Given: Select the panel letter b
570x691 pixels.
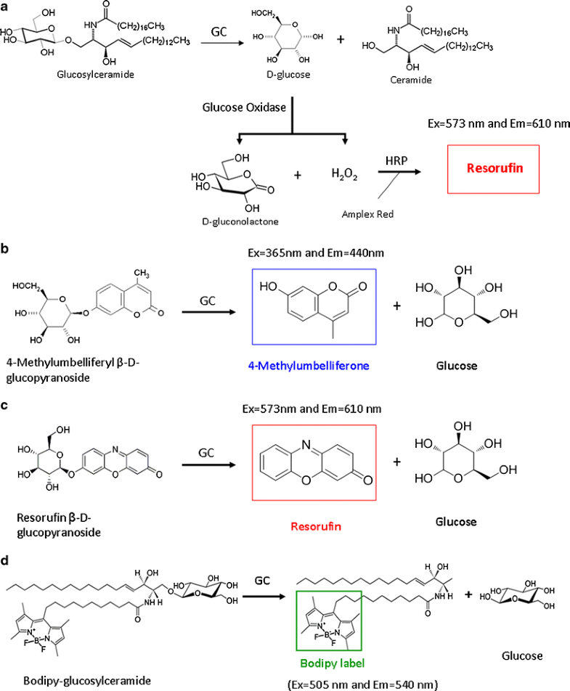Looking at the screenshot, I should [5, 248].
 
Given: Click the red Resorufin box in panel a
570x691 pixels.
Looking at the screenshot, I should [494, 170].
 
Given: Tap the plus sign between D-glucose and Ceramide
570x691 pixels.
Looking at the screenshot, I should [340, 38].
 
